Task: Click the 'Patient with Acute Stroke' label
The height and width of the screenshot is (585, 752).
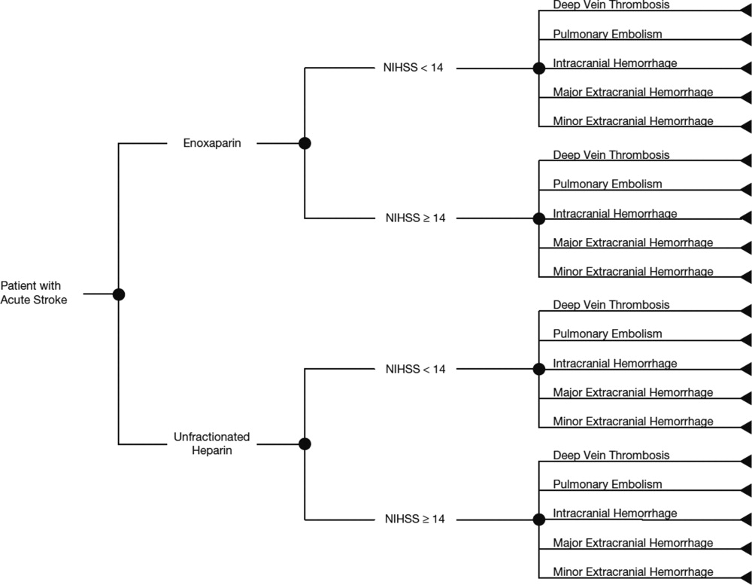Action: click(34, 292)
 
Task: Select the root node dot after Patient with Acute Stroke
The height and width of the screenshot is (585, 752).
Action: click(119, 294)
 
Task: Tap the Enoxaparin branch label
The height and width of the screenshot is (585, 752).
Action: click(212, 143)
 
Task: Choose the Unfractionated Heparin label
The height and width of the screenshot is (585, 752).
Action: click(212, 443)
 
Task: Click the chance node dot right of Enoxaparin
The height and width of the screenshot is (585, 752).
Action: click(305, 143)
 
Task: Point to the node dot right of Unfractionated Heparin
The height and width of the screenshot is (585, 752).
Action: click(305, 443)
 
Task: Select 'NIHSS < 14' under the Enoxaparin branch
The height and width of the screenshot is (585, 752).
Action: click(413, 68)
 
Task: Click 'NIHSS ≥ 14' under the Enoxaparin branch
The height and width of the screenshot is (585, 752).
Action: click(415, 218)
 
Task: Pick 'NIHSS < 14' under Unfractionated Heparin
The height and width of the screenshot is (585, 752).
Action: click(415, 369)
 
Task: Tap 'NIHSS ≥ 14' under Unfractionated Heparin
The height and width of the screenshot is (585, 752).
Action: click(415, 519)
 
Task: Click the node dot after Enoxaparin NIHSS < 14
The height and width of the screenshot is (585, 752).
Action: click(539, 69)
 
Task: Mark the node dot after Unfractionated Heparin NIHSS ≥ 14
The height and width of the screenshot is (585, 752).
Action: click(539, 519)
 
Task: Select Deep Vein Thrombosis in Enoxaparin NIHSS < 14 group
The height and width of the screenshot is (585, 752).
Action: click(611, 5)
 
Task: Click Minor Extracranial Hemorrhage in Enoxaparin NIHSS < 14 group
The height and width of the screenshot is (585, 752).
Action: click(633, 121)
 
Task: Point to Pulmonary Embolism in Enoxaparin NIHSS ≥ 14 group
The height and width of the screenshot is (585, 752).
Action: click(607, 184)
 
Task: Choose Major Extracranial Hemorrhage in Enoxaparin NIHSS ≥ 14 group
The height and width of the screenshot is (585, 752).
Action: click(633, 242)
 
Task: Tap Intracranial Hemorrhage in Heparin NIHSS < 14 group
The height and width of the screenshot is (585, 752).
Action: click(615, 364)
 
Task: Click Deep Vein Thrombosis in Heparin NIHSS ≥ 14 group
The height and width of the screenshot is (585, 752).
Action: click(611, 456)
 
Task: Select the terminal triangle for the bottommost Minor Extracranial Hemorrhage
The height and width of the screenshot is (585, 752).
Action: click(747, 577)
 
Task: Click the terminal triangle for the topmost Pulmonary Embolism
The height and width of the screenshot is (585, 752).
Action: click(747, 39)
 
